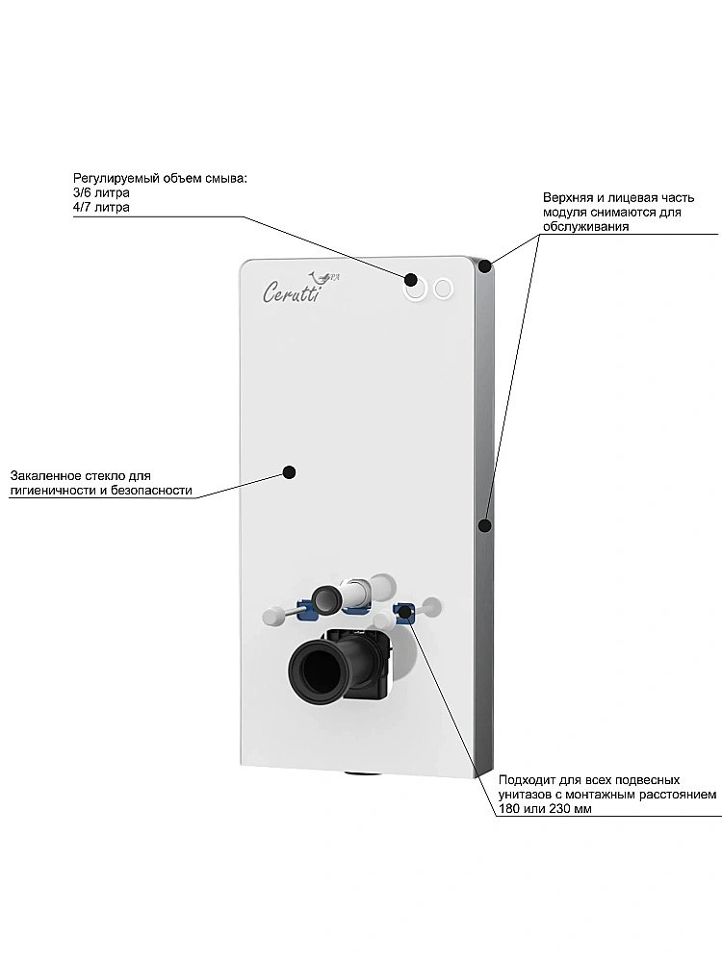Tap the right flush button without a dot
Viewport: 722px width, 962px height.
coord(443,288)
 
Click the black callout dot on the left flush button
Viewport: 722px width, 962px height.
coord(411,280)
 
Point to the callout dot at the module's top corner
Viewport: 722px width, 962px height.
coord(487,265)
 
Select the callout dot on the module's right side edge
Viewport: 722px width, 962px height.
coord(484,525)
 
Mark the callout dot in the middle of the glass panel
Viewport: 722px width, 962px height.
coord(289,471)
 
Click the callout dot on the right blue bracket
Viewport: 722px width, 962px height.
coord(405,611)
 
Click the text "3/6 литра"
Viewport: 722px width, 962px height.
coord(102,192)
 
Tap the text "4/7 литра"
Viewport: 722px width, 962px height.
coord(102,207)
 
